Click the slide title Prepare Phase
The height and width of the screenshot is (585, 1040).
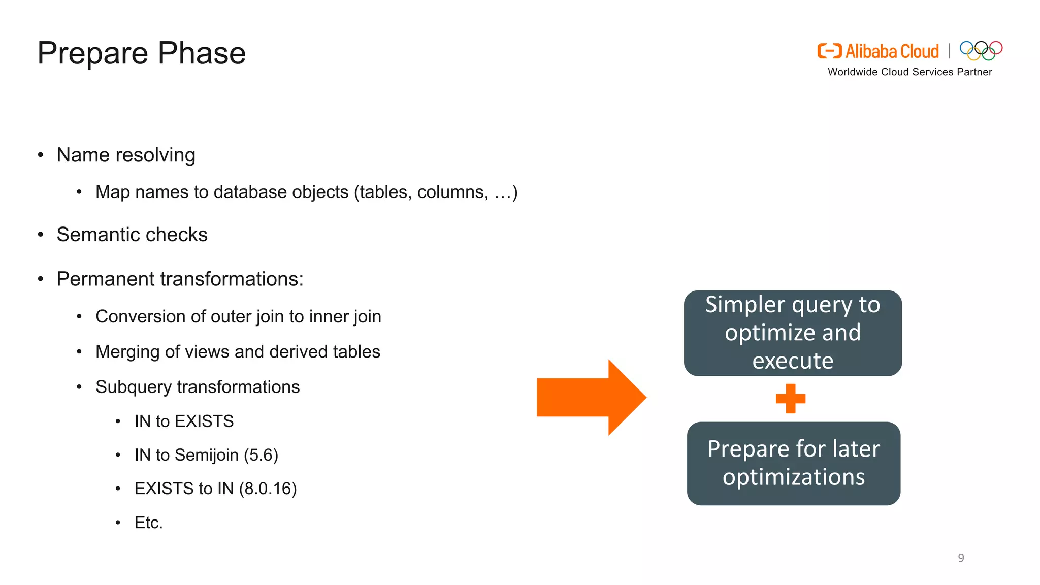coord(141,53)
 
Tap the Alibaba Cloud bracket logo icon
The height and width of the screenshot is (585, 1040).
coord(829,51)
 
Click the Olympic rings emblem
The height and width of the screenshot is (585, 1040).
coord(981,50)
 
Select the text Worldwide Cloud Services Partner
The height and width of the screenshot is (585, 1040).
coord(909,72)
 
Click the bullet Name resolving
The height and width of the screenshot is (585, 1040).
coord(125,155)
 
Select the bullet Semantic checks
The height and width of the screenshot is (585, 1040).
coord(132,235)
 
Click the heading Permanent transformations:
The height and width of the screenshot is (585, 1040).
coord(180,279)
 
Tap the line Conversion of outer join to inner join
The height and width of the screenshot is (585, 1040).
coord(238,316)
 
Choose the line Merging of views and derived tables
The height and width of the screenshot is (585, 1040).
coord(238,352)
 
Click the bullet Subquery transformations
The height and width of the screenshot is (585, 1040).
coord(197,387)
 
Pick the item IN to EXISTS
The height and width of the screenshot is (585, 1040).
coord(184,421)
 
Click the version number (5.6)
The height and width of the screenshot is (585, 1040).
coord(261,455)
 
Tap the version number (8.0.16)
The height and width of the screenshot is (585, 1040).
coord(268,489)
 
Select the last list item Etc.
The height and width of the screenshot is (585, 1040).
coord(148,523)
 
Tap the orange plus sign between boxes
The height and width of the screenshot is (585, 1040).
coord(790,399)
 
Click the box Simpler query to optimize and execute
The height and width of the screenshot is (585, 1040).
coord(792,333)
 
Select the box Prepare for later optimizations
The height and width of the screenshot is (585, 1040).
coord(793,463)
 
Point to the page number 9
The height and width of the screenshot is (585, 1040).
coord(961,558)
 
